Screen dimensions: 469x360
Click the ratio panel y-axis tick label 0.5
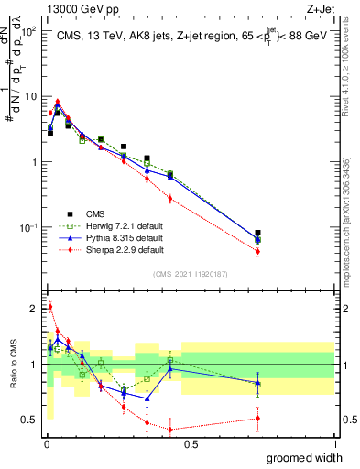30,420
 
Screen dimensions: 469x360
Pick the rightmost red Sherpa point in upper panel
257,251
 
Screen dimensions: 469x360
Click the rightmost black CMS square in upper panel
257,234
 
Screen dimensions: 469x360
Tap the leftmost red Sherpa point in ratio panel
49,307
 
